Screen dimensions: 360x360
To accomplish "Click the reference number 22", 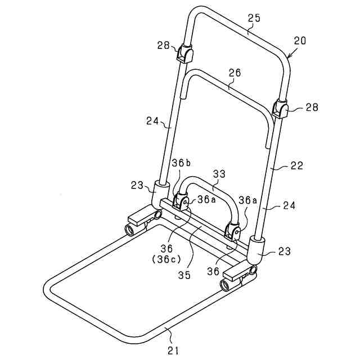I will tap(297, 166).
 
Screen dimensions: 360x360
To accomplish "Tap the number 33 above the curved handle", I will tap(219, 174).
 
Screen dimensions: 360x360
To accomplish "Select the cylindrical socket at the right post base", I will tap(256, 249).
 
